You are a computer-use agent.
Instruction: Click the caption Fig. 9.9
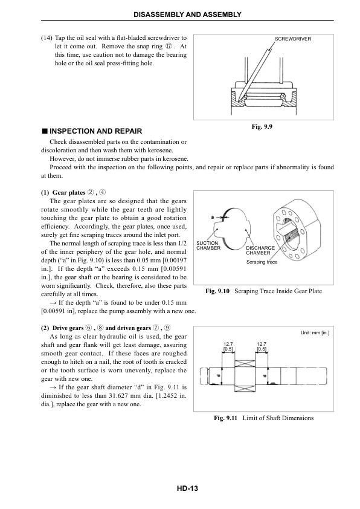[x=263, y=127]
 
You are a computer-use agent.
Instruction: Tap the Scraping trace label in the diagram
[x=262, y=262]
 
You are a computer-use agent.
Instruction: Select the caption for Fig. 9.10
[x=263, y=291]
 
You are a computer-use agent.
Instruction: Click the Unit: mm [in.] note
[x=314, y=332]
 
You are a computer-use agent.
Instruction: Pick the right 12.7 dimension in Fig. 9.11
[x=262, y=346]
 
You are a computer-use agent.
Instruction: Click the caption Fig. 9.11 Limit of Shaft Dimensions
[x=263, y=418]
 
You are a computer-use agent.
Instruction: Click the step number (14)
[x=46, y=37]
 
